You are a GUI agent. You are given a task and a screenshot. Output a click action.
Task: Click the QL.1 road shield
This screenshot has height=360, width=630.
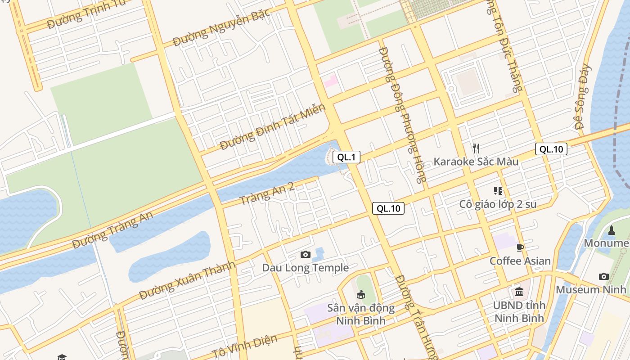coord(346,157)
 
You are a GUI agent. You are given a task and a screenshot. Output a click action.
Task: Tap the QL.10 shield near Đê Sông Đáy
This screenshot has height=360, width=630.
coord(551,149)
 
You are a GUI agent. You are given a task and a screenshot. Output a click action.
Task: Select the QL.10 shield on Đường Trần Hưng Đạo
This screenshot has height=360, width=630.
coord(388,208)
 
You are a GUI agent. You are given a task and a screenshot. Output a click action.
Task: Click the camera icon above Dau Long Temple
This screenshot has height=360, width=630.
coord(305,255)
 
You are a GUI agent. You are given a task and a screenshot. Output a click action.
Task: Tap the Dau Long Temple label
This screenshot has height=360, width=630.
coord(305,268)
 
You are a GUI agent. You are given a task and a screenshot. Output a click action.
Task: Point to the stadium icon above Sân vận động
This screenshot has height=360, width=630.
coord(360,295)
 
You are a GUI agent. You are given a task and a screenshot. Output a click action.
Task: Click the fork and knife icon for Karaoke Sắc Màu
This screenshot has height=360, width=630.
coord(476,148)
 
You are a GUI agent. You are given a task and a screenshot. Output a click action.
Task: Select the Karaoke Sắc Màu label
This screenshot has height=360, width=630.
coord(476,162)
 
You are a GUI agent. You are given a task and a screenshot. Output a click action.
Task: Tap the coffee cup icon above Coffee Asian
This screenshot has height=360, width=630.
coord(520,247)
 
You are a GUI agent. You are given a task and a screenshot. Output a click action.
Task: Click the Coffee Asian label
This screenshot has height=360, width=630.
coord(520,261)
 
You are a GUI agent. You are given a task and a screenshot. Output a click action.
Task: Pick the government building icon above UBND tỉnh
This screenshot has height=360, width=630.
coord(519,292)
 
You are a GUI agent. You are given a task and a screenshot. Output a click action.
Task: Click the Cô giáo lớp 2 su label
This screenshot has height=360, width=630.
coord(498,204)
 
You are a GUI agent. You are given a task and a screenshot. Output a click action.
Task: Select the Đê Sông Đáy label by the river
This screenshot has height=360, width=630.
coord(584,97)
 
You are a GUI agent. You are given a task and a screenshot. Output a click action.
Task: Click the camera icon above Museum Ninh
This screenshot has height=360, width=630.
coord(603,276)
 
